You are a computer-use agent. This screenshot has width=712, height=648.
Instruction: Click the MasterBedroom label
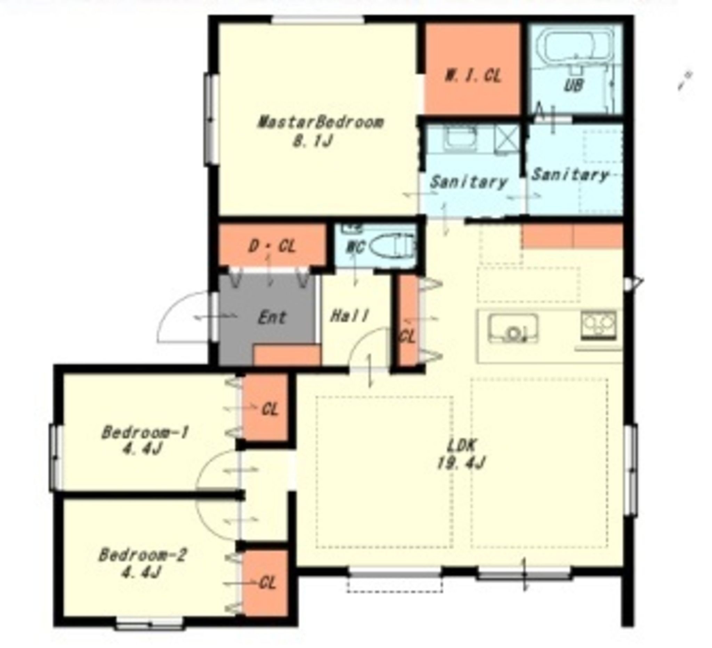(x=320, y=122)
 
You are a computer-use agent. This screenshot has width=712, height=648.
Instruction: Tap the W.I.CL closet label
(x=473, y=76)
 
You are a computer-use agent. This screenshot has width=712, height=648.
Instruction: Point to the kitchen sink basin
(x=513, y=328)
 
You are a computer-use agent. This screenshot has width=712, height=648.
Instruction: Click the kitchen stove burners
(x=599, y=325)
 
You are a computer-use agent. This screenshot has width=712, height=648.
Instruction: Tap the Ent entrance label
(x=272, y=318)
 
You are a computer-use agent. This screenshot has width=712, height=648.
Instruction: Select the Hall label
(x=350, y=315)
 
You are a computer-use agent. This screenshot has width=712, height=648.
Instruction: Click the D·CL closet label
(x=272, y=246)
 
